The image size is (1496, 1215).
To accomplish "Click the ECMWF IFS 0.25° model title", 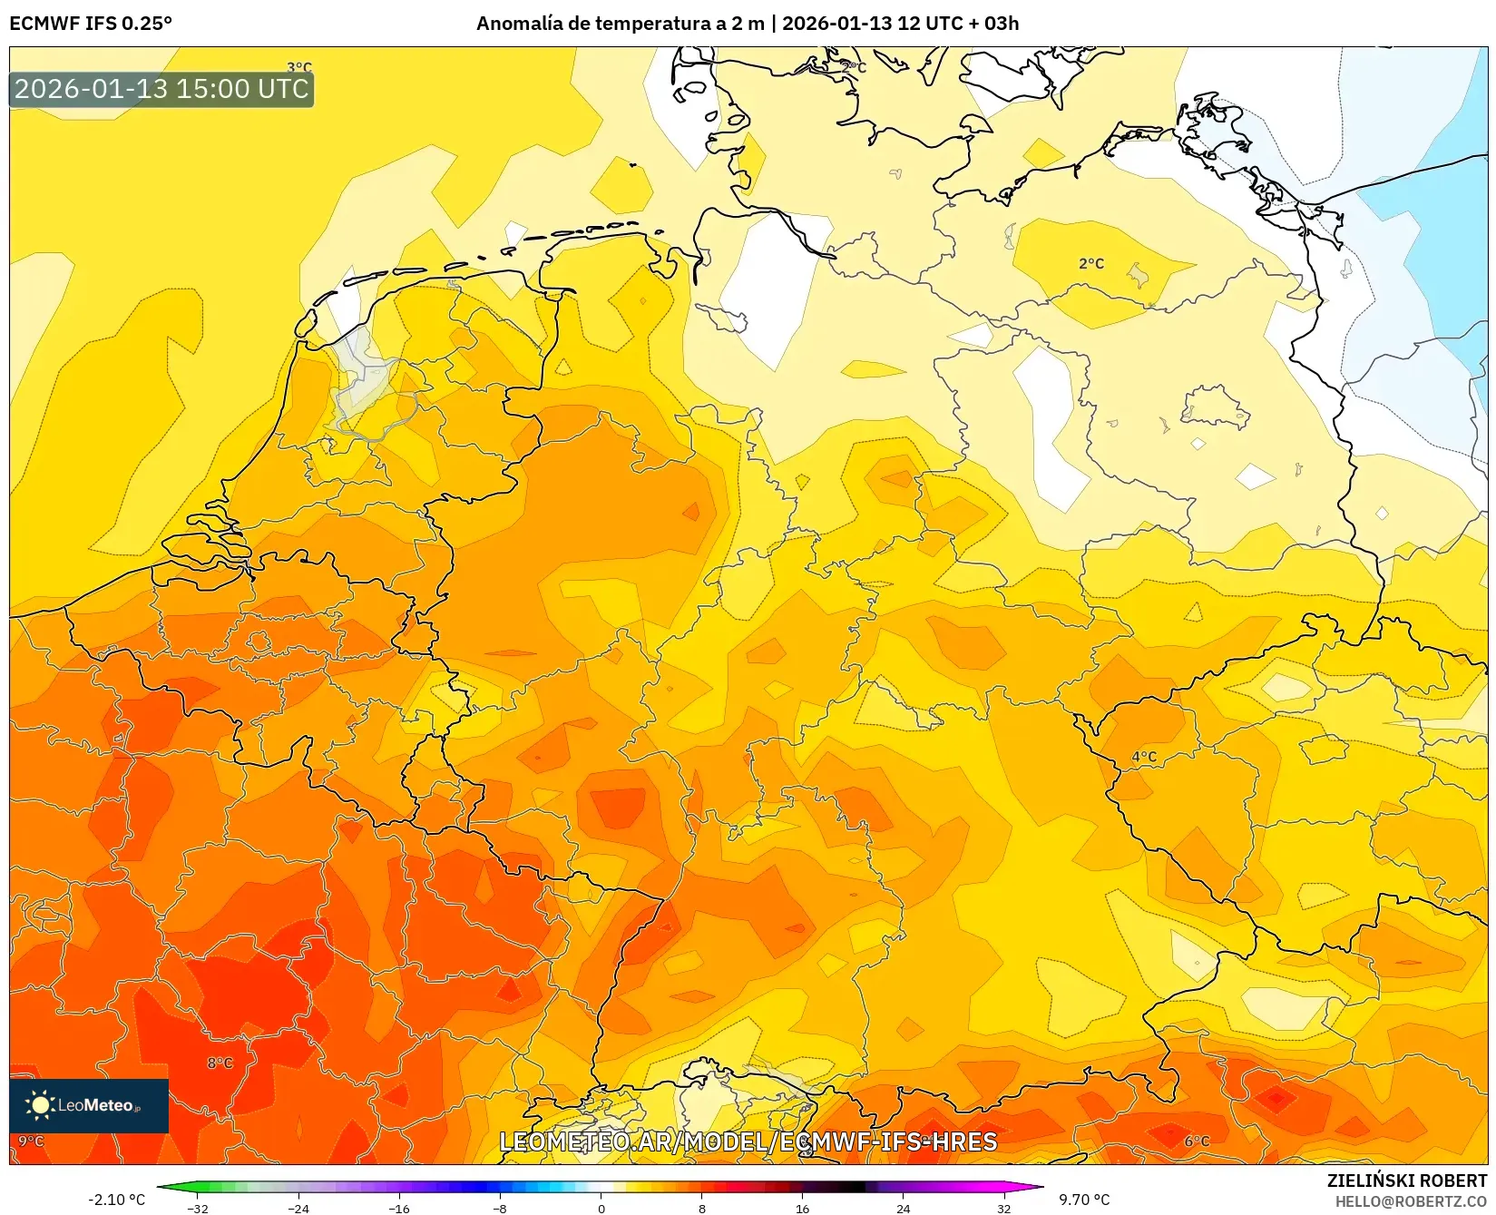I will tap(91, 24).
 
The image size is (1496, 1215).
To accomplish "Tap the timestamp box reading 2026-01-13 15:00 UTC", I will tap(161, 89).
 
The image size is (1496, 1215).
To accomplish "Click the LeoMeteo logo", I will tap(89, 1105).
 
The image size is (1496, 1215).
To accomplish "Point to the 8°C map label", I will tap(220, 1063).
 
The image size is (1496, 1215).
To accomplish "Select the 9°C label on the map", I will tap(31, 1141).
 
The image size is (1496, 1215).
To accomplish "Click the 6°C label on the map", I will tap(1197, 1141).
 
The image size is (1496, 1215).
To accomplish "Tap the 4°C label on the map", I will tap(1144, 756).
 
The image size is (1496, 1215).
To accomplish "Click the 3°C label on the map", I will tap(299, 67).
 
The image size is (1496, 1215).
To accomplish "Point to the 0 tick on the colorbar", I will tap(601, 1208).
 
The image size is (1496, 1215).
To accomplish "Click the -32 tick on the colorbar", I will tap(197, 1208).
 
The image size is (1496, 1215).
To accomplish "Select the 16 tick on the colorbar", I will tap(802, 1208).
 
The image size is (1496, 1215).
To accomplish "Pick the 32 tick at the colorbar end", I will tap(1003, 1208).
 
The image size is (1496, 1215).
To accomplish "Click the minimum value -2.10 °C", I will tap(116, 1200).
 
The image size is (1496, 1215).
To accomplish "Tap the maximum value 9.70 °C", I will tap(1084, 1200).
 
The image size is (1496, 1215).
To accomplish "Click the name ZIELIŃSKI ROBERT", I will tap(1407, 1181).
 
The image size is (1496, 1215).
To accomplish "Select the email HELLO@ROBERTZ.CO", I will tap(1411, 1201).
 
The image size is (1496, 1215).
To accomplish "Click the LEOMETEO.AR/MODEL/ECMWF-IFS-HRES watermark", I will tap(748, 1142).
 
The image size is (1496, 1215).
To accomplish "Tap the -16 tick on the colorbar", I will tap(399, 1208).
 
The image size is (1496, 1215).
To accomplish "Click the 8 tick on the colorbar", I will tap(701, 1208).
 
